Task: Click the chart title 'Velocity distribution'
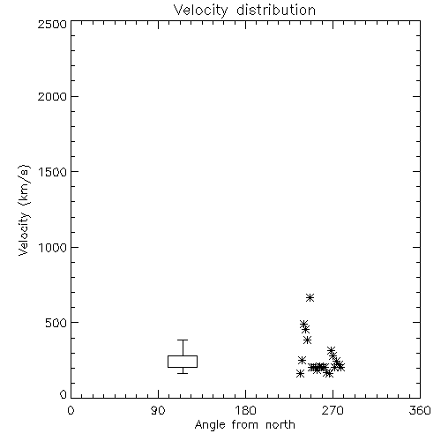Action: click(x=244, y=11)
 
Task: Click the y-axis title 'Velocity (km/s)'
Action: click(x=24, y=210)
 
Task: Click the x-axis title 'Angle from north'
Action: click(x=244, y=425)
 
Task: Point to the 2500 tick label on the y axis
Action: click(x=52, y=24)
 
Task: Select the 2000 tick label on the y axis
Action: click(x=52, y=96)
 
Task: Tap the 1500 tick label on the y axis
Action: click(x=53, y=172)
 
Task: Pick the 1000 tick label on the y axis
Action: click(x=53, y=247)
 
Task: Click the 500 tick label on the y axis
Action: click(x=56, y=323)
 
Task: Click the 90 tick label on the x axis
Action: click(x=158, y=410)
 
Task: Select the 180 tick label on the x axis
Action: click(x=245, y=410)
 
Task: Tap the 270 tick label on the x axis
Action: click(x=333, y=410)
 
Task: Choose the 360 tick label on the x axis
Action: click(x=420, y=410)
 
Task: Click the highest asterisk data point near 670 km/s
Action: click(x=310, y=298)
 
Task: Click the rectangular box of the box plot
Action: click(x=183, y=356)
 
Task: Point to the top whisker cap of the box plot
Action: click(x=183, y=340)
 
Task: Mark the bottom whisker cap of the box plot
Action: click(x=183, y=373)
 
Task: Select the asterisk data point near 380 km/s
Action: click(x=307, y=340)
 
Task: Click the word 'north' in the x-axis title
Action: click(x=280, y=425)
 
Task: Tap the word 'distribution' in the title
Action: click(x=276, y=11)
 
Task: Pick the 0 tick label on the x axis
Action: click(x=71, y=410)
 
